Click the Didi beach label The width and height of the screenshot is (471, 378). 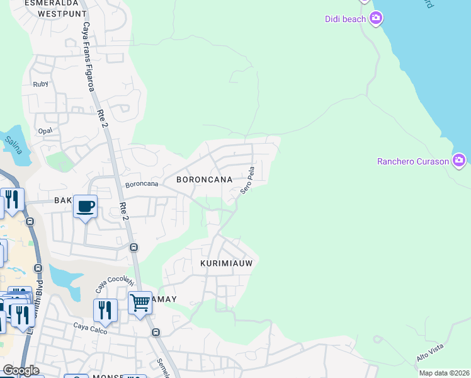point(345,19)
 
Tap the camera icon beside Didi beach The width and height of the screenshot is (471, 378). point(377,18)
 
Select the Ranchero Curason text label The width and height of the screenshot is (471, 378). point(413,161)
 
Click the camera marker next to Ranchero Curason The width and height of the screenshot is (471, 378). point(460,160)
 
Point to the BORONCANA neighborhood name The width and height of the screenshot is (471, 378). point(209,180)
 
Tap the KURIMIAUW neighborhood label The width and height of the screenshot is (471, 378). point(227,263)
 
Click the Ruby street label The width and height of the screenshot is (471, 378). point(40,84)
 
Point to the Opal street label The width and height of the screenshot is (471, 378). point(45,130)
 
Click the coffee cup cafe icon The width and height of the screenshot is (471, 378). point(85,205)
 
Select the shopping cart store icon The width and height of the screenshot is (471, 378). point(140,302)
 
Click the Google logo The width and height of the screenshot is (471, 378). point(21,370)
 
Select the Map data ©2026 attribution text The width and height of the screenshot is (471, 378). point(444,373)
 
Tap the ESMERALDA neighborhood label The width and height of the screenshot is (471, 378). point(46,3)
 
